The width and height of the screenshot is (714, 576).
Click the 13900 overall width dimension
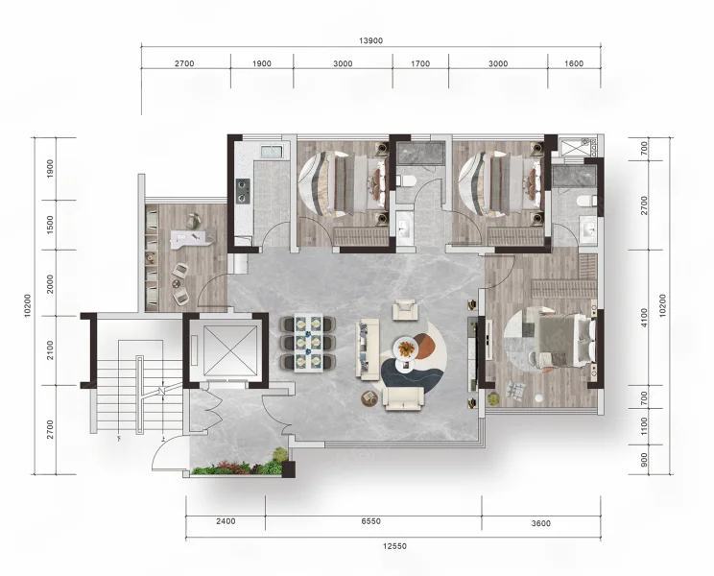coord(370,40)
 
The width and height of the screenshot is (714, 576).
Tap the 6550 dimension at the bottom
coord(370,521)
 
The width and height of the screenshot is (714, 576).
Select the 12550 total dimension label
coord(393,546)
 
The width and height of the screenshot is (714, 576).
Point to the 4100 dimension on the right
coord(643,318)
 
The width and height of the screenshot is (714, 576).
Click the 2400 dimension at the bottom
coord(226,521)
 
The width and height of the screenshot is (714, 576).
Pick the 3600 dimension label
coord(540,523)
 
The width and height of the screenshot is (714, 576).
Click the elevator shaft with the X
coord(224,350)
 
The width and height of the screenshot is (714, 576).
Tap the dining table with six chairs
coord(308,343)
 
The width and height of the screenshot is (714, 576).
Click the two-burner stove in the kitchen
coord(243,191)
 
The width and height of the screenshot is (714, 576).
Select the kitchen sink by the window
coord(272,152)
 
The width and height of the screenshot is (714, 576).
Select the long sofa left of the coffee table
coord(368,349)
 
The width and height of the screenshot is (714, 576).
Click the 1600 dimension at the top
coord(574,63)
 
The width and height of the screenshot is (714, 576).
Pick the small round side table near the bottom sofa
coord(369,399)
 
